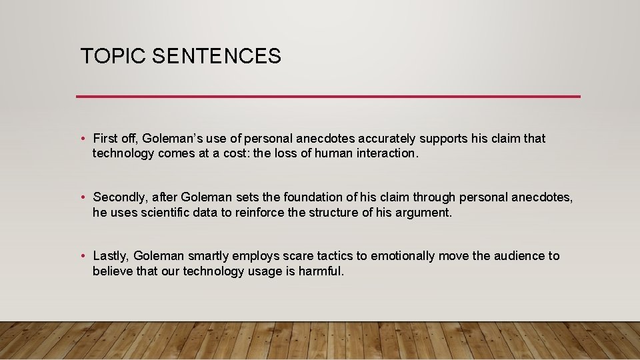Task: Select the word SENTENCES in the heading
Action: pos(217,56)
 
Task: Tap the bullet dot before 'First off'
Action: pos(83,139)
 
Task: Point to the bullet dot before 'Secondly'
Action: pos(83,197)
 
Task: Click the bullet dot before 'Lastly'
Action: pos(83,256)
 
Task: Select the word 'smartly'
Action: pos(208,256)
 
